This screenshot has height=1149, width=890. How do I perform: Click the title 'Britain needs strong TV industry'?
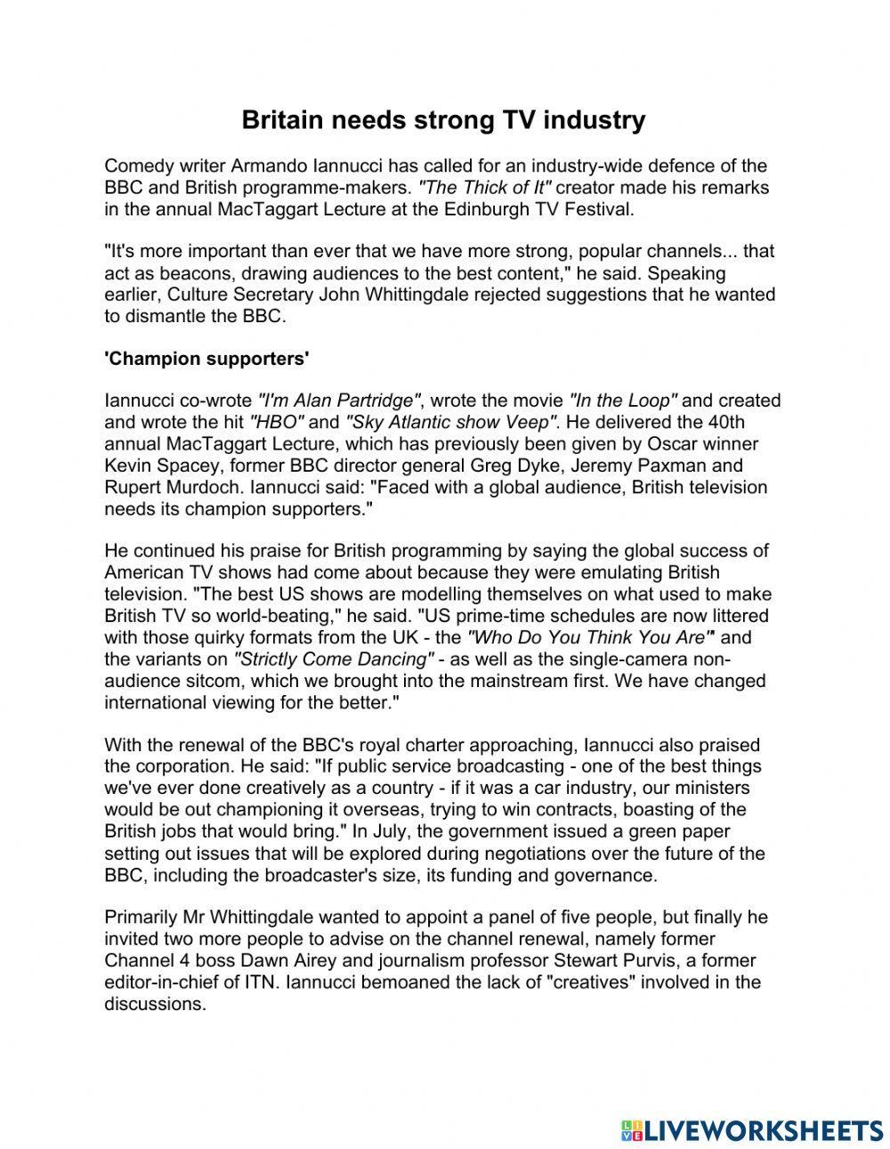[443, 121]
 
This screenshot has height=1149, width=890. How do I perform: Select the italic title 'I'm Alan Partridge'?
[339, 401]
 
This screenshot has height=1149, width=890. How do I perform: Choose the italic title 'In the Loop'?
[623, 401]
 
